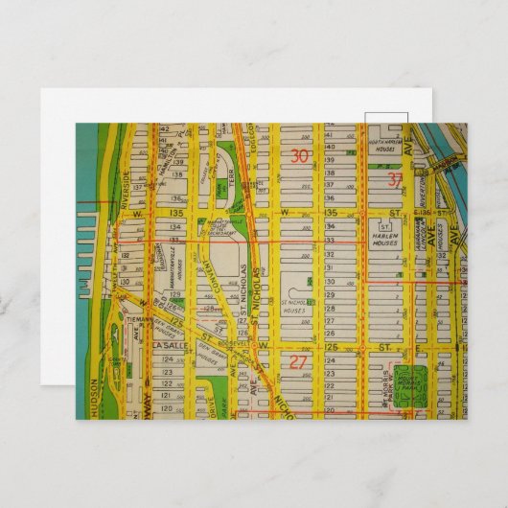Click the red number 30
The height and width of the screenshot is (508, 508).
pos(300,156)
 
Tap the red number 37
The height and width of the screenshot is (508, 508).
pos(396,180)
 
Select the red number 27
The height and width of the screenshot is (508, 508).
pos(298,362)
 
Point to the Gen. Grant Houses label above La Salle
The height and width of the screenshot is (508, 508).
pos(188,324)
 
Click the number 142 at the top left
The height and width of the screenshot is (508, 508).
pos(164,127)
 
